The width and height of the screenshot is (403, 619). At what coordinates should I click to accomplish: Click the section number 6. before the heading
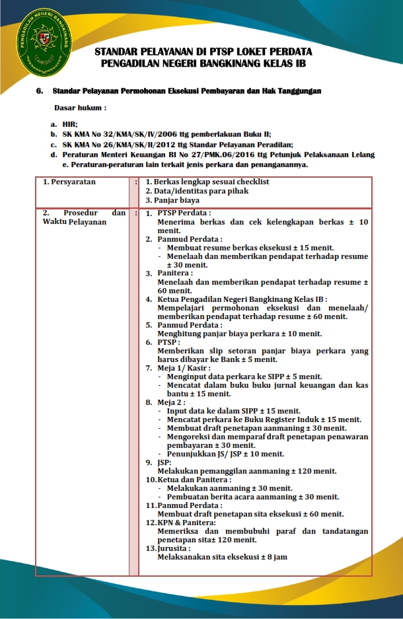pos(40,91)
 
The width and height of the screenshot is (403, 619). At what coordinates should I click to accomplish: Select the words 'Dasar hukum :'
pos(80,107)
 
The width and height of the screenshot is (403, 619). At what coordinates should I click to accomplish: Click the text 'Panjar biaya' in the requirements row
pos(176,200)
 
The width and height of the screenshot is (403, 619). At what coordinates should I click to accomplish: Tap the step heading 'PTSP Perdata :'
pos(184,213)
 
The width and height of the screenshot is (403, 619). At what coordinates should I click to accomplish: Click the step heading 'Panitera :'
pos(175,273)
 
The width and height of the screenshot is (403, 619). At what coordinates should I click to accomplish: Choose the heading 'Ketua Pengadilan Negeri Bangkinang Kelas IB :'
pos(242,299)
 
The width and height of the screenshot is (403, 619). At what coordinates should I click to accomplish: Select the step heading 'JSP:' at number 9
pos(164,462)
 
